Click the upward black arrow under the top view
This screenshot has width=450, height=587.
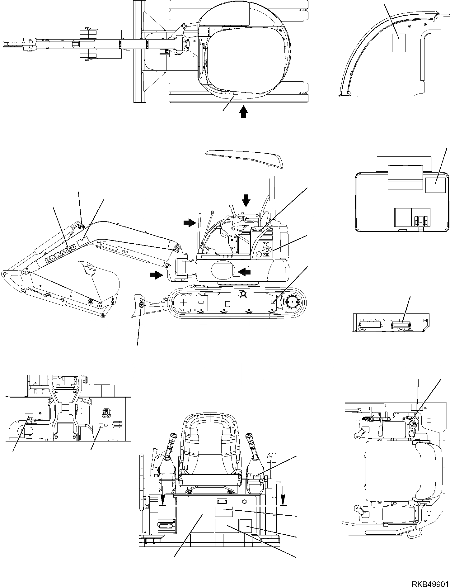(x=244, y=112)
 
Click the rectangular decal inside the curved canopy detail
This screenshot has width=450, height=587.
(x=399, y=43)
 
